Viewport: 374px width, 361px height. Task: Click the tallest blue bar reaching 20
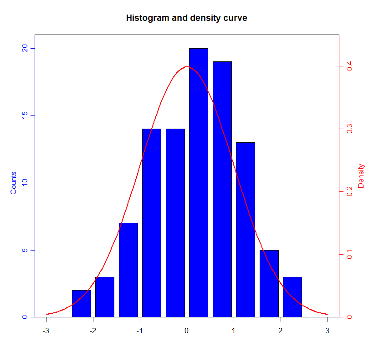199,182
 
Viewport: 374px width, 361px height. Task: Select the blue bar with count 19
222,189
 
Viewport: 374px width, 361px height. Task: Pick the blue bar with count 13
246,230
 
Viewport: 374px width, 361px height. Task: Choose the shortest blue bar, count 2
82,303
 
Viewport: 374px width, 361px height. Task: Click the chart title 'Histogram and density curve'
187,18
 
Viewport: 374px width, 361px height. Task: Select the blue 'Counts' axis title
13,183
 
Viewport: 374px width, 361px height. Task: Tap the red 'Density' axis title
361,176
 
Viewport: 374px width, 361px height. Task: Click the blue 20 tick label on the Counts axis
25,48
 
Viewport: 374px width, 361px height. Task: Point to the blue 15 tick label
25,115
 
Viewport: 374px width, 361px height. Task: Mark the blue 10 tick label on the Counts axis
25,183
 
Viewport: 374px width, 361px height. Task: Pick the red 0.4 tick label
349,67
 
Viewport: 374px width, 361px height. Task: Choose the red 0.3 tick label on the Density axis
349,129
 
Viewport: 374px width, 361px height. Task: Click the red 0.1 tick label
349,254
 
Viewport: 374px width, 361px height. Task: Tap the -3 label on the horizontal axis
46,330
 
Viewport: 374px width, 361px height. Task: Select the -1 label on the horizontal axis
139,330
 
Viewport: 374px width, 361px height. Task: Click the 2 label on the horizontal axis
280,330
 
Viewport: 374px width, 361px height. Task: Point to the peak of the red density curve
187,67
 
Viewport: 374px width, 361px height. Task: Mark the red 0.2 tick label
349,191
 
